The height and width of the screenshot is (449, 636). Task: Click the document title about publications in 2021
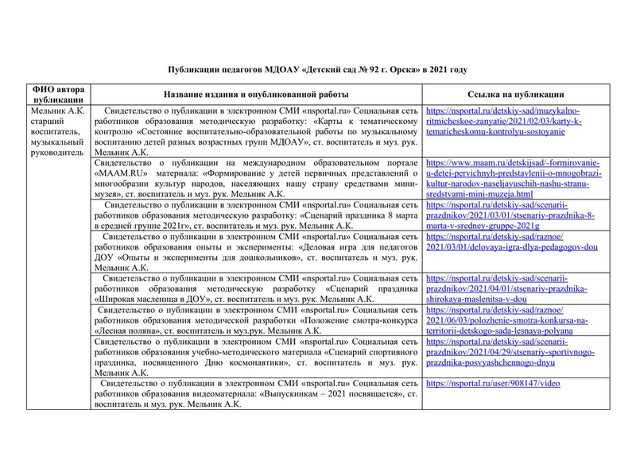pyautogui.click(x=318, y=70)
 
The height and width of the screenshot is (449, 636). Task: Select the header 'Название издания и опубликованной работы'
pyautogui.click(x=258, y=94)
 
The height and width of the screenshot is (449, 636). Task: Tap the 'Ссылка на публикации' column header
pyautogui.click(x=516, y=94)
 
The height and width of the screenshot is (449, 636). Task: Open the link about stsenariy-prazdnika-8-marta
pyautogui.click(x=508, y=214)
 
